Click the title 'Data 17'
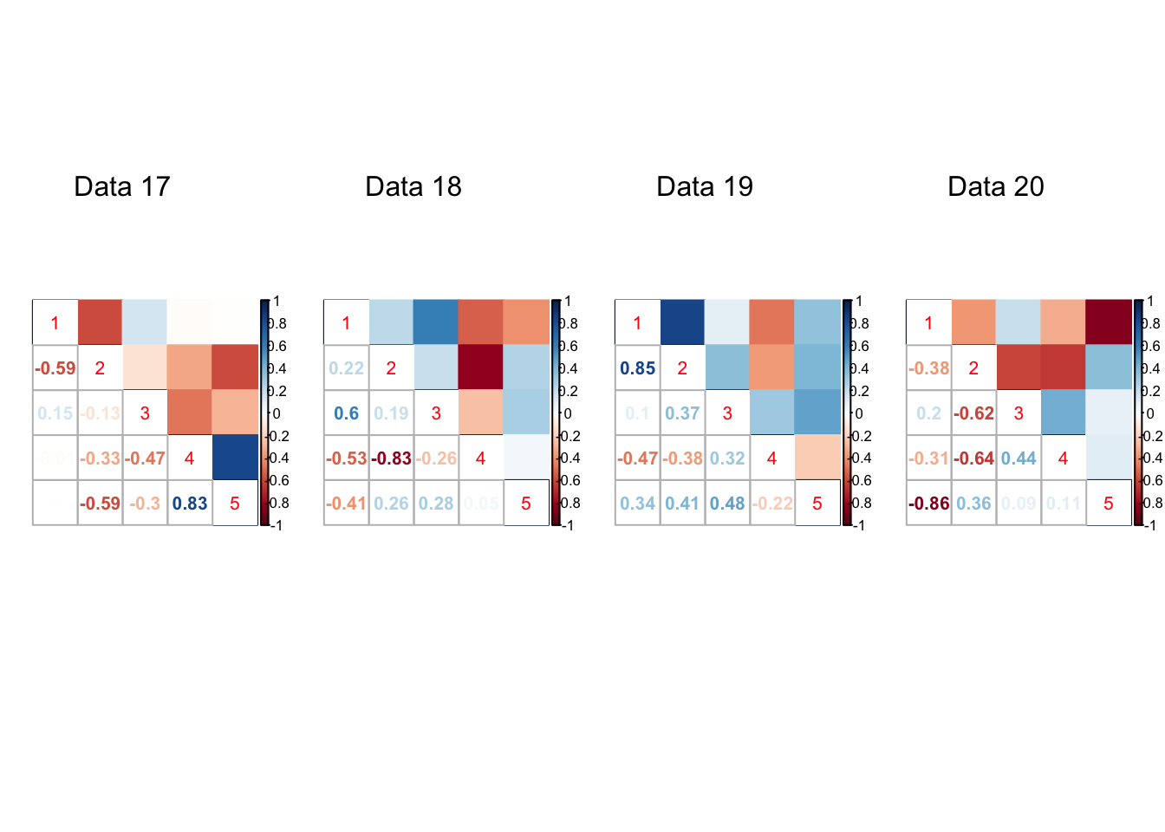point(122,186)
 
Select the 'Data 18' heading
point(413,186)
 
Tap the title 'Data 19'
point(705,186)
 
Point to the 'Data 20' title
point(996,186)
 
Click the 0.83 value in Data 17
point(190,504)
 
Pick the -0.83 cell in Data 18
point(391,458)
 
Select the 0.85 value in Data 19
point(637,368)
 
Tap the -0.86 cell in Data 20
point(928,504)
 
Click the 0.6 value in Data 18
point(346,413)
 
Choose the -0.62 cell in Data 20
point(973,413)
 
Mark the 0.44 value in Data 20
point(1019,458)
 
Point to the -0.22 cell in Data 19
point(772,504)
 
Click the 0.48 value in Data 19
point(727,504)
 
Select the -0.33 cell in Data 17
point(100,458)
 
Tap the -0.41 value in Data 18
point(346,504)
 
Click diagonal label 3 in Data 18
point(436,413)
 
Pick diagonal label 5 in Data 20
point(1109,504)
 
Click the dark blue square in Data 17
point(235,457)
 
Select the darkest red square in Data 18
point(481,367)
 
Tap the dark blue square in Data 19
point(682,322)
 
